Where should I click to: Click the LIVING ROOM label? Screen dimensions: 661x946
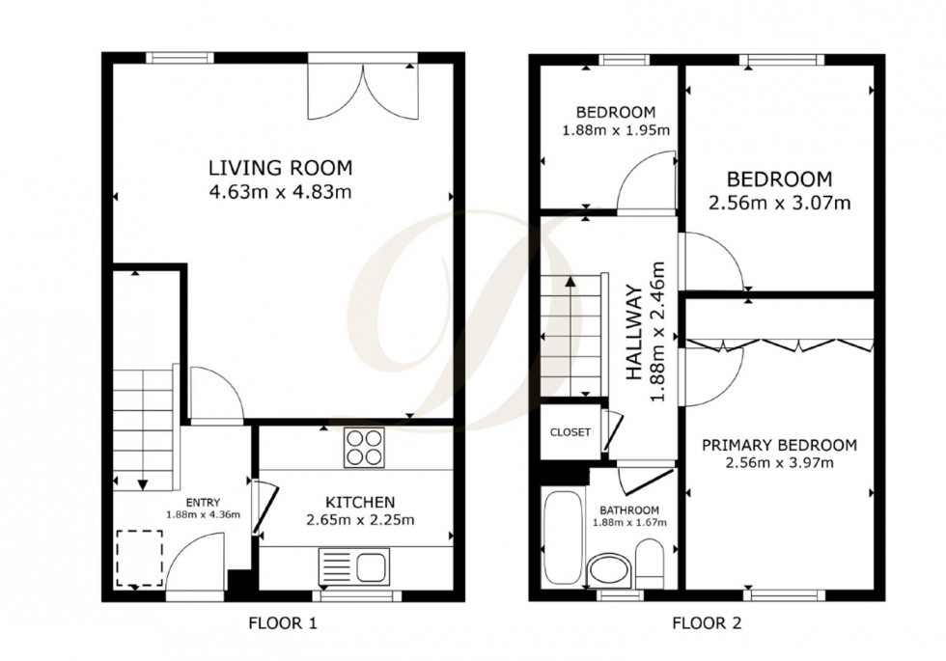(280, 166)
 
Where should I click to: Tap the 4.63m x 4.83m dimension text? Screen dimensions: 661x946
(280, 191)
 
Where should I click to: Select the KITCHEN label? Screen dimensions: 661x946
(359, 502)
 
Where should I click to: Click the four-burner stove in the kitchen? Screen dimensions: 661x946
(363, 448)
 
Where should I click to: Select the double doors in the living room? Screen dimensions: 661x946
(364, 91)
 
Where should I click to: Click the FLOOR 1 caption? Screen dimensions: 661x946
(282, 623)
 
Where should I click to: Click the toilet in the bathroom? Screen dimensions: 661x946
(650, 562)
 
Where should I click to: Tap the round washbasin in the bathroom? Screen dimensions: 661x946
(607, 569)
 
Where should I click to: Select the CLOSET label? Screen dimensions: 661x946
(570, 432)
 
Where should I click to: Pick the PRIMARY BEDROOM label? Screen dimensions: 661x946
(779, 445)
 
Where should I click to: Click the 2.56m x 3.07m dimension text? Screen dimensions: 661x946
(779, 203)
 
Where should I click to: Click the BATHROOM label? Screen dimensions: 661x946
(629, 510)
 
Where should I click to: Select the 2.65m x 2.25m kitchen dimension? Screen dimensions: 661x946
(359, 521)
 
